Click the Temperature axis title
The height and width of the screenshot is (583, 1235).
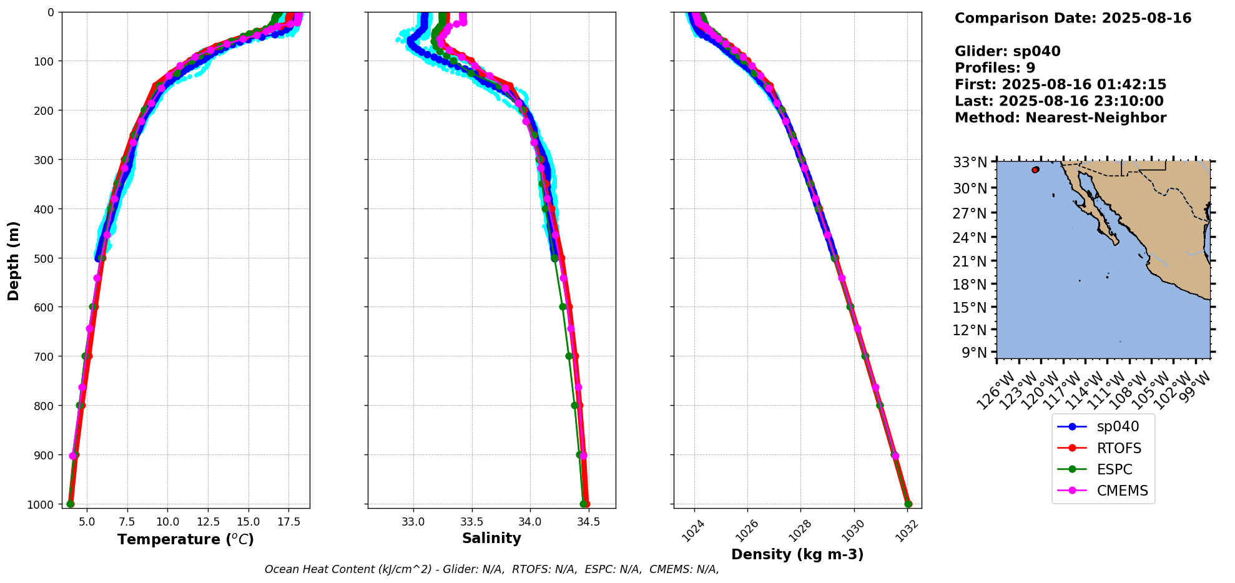coord(185,539)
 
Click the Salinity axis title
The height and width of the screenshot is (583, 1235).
coord(491,538)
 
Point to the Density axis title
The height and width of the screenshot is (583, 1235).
coord(797,554)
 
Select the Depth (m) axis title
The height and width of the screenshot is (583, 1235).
coord(14,260)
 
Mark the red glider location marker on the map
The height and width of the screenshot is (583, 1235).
coord(1035,170)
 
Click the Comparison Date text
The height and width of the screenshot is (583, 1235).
coord(1073,18)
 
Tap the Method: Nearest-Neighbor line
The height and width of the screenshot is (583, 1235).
coord(1060,118)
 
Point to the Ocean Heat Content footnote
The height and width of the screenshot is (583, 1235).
coord(491,569)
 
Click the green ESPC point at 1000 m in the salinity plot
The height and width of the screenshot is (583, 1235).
coord(583,504)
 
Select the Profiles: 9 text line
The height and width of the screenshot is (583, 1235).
coord(995,68)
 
